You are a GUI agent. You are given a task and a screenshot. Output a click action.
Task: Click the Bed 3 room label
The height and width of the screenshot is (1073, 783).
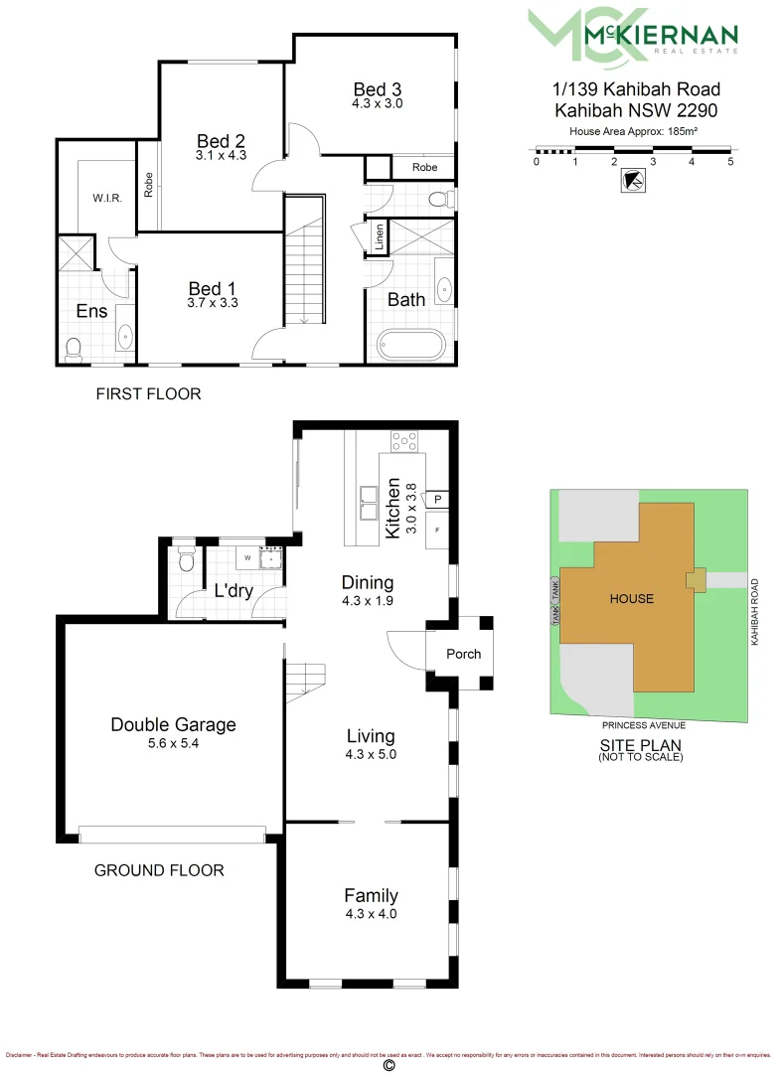(378, 88)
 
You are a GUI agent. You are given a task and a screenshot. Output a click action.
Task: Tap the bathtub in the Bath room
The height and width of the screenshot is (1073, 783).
(411, 345)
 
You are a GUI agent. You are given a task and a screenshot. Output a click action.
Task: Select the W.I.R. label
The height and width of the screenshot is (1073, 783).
(107, 198)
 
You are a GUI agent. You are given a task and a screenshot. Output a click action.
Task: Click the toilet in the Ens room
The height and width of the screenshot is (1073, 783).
(73, 348)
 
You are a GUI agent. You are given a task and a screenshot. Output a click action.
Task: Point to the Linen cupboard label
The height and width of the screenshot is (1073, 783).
(379, 236)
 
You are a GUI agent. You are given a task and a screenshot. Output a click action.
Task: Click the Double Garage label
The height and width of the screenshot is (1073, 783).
(173, 724)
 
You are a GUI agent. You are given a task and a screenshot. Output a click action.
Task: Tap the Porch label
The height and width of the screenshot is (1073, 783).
(463, 654)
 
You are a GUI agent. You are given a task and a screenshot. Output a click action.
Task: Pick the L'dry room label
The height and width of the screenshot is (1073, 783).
(234, 591)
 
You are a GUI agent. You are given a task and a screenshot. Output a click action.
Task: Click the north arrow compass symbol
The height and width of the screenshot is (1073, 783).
(631, 181)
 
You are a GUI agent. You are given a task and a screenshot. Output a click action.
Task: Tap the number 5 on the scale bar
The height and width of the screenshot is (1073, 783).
(730, 162)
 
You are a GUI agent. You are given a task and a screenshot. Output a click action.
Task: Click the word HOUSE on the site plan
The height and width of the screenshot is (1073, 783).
(632, 598)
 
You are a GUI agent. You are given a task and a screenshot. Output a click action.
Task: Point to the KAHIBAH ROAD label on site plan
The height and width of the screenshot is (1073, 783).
(755, 613)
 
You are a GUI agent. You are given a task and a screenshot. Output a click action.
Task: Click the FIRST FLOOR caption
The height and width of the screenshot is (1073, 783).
(148, 394)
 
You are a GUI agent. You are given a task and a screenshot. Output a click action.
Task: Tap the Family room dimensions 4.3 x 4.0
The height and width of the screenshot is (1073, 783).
(371, 913)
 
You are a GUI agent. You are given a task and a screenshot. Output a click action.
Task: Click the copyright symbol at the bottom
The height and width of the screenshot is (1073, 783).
(389, 1065)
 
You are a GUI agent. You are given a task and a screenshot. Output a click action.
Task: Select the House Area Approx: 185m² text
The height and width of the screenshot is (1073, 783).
(633, 131)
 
